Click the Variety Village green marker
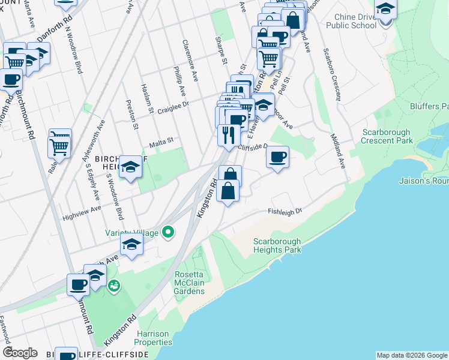[169, 232]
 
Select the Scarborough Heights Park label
[277, 245]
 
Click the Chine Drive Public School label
[352, 21]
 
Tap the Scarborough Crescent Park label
[387, 136]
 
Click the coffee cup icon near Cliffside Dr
[277, 157]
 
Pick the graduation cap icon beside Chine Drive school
[385, 10]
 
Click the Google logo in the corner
[20, 353]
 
